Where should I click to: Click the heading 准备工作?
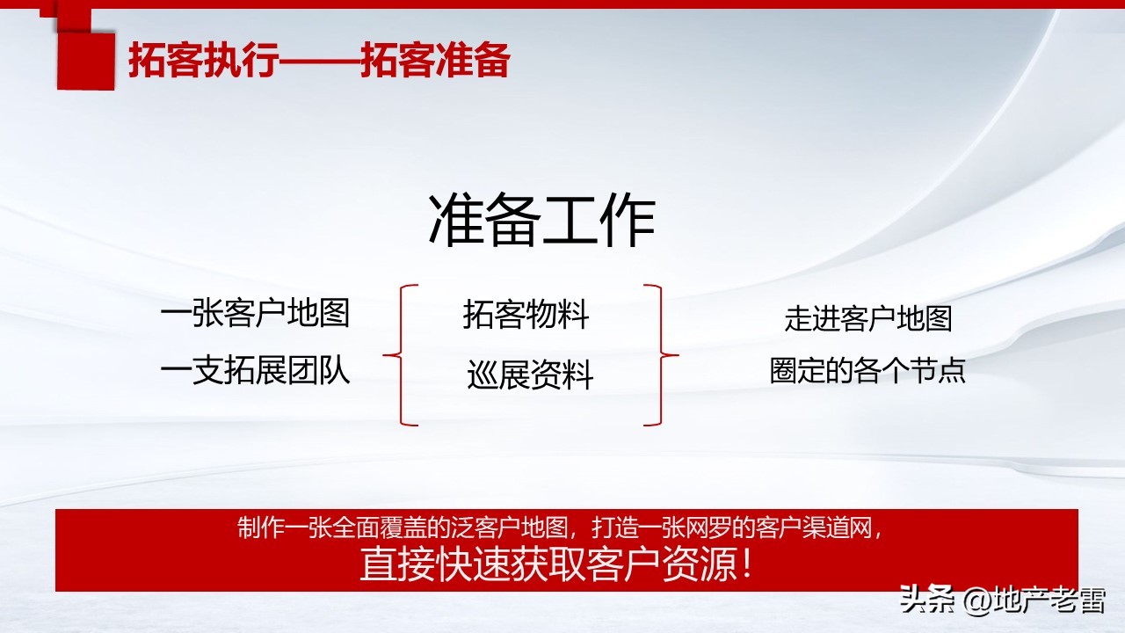541,221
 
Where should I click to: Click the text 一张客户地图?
255,314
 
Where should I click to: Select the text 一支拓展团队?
255,371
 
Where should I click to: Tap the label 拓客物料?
526,316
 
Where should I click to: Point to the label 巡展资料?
530,376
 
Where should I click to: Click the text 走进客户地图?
867,318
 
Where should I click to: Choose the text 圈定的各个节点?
867,370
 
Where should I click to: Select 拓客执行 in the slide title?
204,62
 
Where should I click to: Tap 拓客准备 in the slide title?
435,62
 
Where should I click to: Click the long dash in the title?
320,62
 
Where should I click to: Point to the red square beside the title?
85,61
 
